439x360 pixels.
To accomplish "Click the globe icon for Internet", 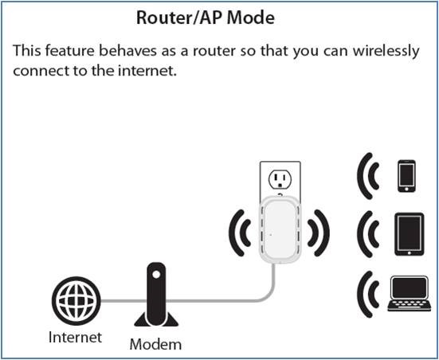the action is [x=76, y=300].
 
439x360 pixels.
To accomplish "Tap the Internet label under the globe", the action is [x=75, y=337].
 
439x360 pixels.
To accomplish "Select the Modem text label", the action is [x=155, y=344].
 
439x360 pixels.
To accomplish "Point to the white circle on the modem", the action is [x=156, y=274].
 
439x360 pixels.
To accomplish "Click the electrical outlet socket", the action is [x=280, y=179].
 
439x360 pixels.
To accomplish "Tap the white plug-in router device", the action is [x=280, y=229].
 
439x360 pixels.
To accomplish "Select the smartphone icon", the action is [x=406, y=176].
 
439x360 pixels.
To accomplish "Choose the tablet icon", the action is [x=409, y=234].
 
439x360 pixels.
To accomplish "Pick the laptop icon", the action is [x=410, y=294].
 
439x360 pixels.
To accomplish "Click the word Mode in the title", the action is [x=251, y=18].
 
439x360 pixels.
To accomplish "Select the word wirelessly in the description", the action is [x=386, y=52].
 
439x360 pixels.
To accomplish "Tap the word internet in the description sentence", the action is [x=147, y=71].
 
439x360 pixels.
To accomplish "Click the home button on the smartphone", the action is [x=406, y=190].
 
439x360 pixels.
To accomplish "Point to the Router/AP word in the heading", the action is [x=180, y=18].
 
